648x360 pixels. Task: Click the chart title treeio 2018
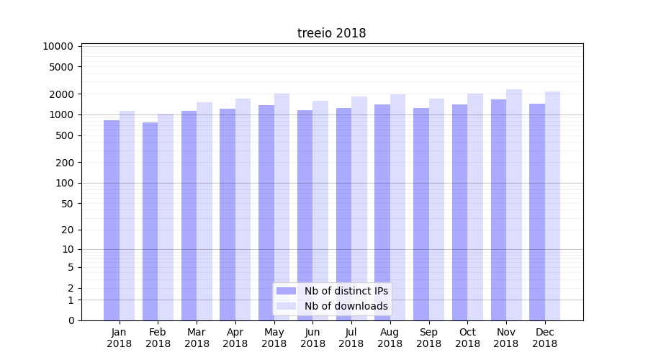click(331, 33)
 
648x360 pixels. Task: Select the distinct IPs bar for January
click(112, 220)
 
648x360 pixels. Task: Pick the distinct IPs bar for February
click(150, 221)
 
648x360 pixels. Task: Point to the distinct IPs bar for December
click(537, 212)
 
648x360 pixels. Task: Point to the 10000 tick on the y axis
click(58, 46)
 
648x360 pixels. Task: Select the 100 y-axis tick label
click(64, 183)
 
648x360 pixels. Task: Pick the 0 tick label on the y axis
click(71, 320)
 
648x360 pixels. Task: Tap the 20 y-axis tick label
click(67, 230)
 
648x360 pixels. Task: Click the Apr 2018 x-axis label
click(235, 338)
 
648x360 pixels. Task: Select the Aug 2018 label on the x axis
click(390, 338)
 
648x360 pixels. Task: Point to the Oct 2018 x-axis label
click(467, 338)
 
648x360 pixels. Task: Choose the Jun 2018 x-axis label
click(312, 338)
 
